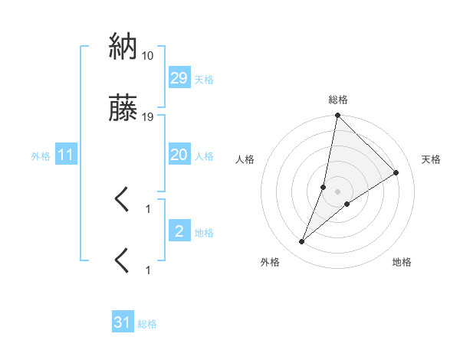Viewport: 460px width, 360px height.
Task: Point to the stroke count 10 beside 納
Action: coord(148,56)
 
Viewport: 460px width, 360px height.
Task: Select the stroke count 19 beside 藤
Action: coord(148,117)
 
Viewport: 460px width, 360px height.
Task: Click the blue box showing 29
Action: coord(179,78)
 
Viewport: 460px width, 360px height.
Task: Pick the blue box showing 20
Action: coord(179,155)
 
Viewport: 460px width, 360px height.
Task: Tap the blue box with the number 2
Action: coord(179,231)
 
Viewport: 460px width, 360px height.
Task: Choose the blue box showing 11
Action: coord(65,155)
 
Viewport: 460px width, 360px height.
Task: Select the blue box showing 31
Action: coord(123,323)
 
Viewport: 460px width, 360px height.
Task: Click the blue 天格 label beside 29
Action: coord(204,80)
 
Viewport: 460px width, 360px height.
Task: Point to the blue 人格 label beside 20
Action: coord(204,156)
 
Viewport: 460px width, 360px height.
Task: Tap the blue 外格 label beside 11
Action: coord(41,156)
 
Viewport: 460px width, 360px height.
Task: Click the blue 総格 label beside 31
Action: coord(147,325)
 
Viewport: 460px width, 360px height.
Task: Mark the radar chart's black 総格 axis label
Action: coord(338,100)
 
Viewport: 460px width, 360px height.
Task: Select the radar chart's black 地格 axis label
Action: coord(402,262)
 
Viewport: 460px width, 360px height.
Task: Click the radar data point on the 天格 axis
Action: coord(396,172)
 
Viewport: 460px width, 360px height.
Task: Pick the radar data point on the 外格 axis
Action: coord(302,242)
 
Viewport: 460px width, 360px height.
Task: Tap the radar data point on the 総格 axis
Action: coord(338,116)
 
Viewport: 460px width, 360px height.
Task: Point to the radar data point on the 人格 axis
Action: coord(324,187)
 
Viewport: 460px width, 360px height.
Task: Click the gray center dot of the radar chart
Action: coord(338,191)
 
